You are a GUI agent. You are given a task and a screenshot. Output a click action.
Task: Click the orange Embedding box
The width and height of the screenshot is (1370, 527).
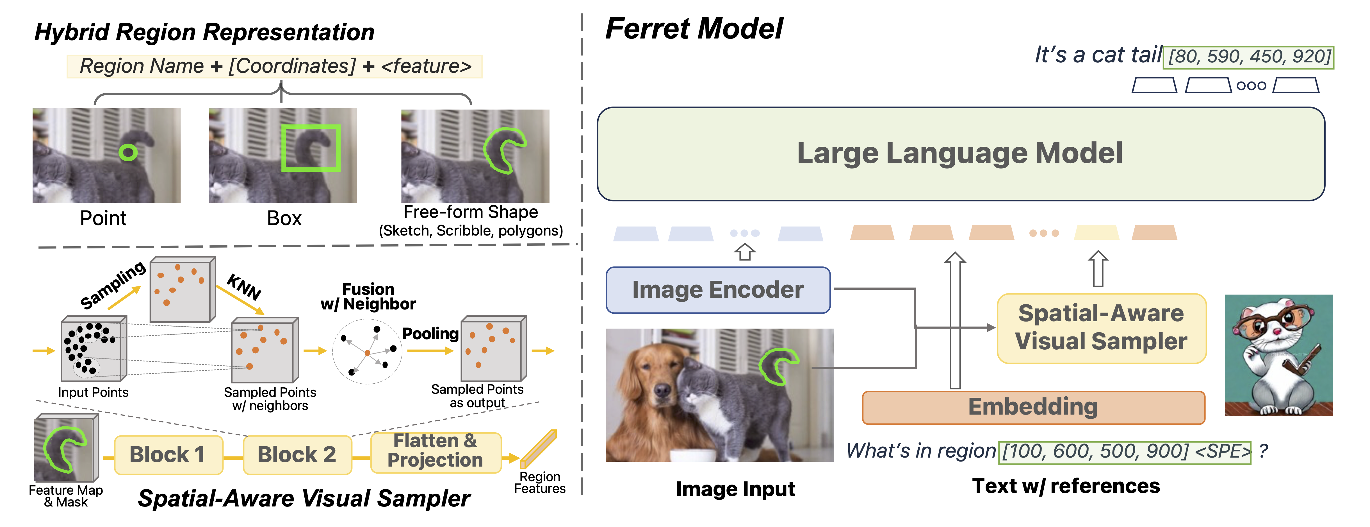pyautogui.click(x=1033, y=407)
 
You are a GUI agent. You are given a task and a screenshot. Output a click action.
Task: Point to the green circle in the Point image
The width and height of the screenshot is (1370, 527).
pyautogui.click(x=128, y=153)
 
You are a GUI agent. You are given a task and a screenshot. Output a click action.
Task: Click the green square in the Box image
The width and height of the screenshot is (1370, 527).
pyautogui.click(x=311, y=148)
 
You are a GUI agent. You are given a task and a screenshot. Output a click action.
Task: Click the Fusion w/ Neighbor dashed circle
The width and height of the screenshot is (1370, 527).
pyautogui.click(x=367, y=351)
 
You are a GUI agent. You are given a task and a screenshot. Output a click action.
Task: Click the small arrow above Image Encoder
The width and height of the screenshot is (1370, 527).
pyautogui.click(x=745, y=252)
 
